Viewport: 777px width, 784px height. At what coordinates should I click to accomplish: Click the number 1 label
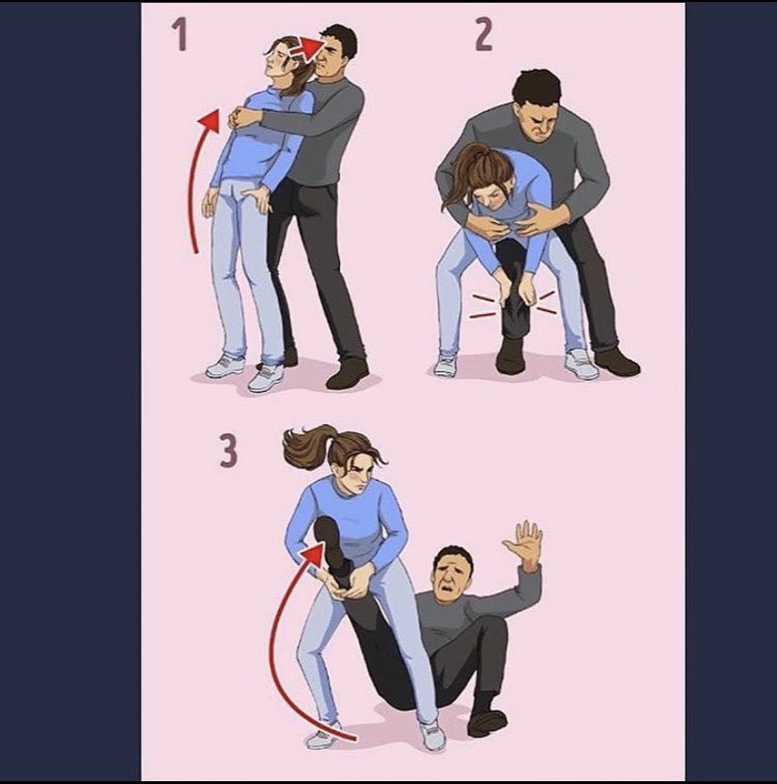(x=179, y=34)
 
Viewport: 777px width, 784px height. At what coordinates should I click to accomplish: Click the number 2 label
(x=484, y=35)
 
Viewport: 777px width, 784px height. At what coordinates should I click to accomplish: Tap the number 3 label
(x=228, y=450)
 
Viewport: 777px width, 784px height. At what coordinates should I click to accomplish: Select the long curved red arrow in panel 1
(x=192, y=180)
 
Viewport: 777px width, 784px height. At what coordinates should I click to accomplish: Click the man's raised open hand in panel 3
(x=523, y=542)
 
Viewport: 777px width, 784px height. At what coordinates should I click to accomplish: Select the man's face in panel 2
(x=539, y=121)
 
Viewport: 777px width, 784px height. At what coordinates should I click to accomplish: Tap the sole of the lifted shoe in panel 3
(x=327, y=539)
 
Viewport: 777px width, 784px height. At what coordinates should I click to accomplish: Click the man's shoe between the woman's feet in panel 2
(x=511, y=355)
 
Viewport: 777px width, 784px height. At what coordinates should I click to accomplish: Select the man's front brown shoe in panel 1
(x=348, y=374)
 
